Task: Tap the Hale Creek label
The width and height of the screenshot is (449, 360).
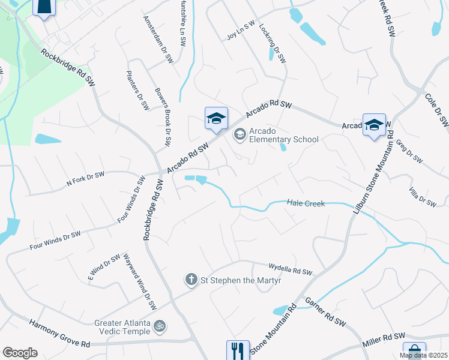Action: [306, 204]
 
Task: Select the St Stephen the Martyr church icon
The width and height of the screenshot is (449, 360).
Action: [191, 279]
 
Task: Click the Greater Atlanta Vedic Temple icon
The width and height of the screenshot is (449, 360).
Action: [160, 327]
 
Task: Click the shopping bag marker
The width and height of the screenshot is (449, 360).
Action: [414, 351]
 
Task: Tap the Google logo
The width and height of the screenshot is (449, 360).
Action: [20, 353]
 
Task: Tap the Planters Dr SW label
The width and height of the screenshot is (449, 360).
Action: [137, 91]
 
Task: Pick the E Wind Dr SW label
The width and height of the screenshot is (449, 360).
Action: [104, 268]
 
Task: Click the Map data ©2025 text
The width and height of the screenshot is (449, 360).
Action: [423, 355]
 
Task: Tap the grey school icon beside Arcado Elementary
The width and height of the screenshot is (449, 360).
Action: [240, 134]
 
